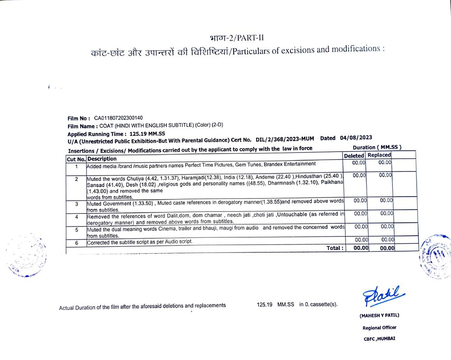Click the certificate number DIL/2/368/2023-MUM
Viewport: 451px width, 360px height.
(285, 139)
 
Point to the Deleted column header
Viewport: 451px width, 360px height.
(354, 155)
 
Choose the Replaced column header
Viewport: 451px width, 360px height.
(379, 155)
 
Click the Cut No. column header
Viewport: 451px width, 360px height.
(76, 159)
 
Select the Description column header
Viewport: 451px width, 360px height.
(102, 159)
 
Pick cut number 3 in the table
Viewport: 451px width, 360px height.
(76, 204)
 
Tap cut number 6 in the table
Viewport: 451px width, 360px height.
(76, 243)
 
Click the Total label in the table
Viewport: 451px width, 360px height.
(335, 248)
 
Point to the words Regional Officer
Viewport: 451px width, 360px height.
(379, 328)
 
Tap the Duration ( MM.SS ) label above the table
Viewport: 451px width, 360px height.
(377, 147)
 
